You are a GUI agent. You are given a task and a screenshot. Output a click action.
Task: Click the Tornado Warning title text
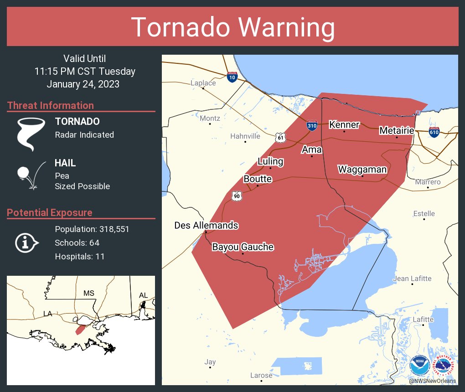pyautogui.click(x=232, y=27)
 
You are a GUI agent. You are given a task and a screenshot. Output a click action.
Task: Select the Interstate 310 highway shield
pyautogui.click(x=312, y=125)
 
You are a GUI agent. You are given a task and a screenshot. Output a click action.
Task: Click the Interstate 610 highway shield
pyautogui.click(x=434, y=132)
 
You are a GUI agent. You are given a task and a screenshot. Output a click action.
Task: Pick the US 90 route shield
pyautogui.click(x=236, y=196)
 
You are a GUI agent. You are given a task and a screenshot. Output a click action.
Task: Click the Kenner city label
pyautogui.click(x=344, y=125)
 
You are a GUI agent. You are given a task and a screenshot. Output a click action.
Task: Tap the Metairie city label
pyautogui.click(x=397, y=131)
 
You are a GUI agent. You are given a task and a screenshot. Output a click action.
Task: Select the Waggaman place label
pyautogui.click(x=362, y=170)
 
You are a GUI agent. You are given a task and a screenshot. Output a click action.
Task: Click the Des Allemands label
pyautogui.click(x=206, y=225)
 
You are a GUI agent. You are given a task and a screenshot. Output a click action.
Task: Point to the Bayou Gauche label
pyautogui.click(x=243, y=247)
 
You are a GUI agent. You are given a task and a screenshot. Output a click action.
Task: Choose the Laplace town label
pyautogui.click(x=203, y=83)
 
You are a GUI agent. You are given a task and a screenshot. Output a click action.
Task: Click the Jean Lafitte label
pyautogui.click(x=412, y=279)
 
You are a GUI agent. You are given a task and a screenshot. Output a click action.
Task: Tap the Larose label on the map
pyautogui.click(x=261, y=376)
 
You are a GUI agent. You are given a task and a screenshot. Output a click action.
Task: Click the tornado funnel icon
pyautogui.click(x=31, y=134)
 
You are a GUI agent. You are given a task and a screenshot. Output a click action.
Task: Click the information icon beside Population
pyautogui.click(x=26, y=242)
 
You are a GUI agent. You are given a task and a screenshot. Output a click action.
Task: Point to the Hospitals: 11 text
pyautogui.click(x=80, y=257)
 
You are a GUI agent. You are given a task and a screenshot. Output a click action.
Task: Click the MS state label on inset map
pyautogui.click(x=88, y=293)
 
